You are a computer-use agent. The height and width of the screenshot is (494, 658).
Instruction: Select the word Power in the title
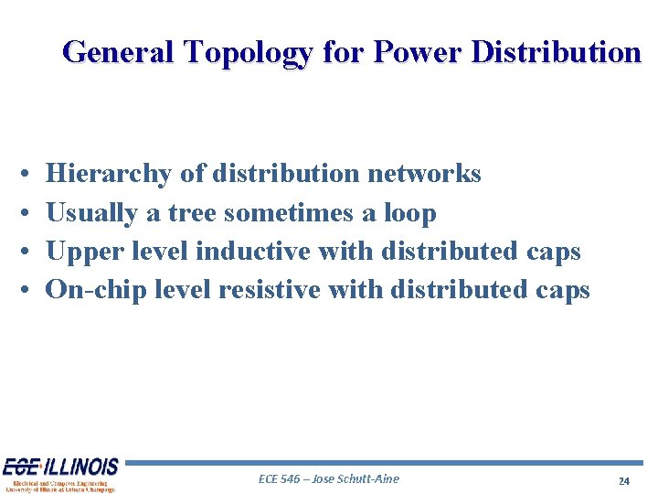415,52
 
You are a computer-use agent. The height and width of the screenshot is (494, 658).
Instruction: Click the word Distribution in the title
556,52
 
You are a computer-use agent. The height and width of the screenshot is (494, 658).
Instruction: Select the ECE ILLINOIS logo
60,475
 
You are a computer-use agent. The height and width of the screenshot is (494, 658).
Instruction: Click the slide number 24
624,481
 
